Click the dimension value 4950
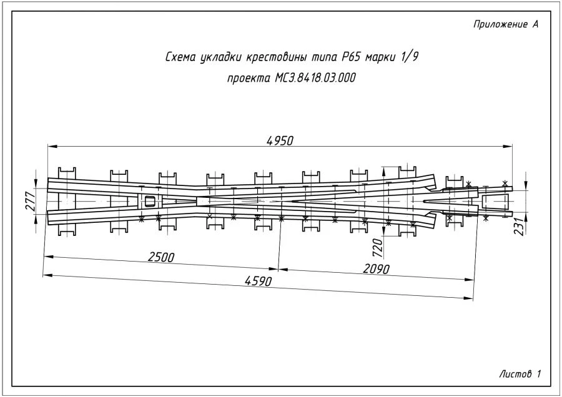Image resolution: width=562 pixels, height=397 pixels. tap(279, 140)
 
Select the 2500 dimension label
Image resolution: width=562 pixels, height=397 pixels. tap(161, 257)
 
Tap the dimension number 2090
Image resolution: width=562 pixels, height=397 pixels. tap(376, 269)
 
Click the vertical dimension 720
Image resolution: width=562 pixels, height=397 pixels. tap(377, 247)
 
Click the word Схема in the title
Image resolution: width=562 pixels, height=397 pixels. tap(179, 58)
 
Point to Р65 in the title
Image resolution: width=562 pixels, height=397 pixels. tap(350, 58)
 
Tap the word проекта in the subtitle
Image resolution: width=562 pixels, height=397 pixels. tap(248, 79)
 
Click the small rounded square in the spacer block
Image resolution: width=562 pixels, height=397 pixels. tap(149, 201)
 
